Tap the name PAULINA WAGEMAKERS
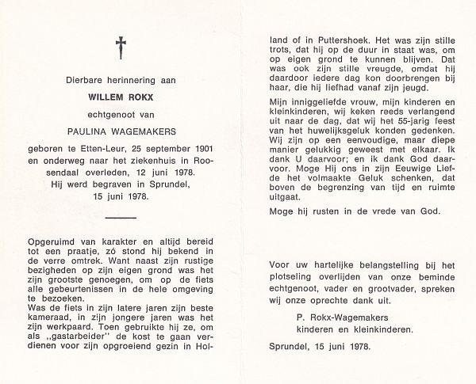(121, 134)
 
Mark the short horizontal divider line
(120, 216)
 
